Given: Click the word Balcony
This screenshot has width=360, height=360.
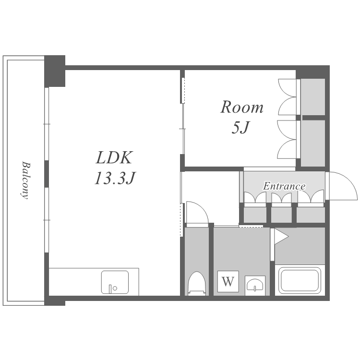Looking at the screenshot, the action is [x=25, y=180].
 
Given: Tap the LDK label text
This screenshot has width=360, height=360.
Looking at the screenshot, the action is [x=114, y=157].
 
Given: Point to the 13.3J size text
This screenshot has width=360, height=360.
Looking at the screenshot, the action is [x=115, y=178].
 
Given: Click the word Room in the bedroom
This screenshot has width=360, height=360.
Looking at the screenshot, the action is [x=242, y=107].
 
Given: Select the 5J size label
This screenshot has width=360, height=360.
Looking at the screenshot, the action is [x=240, y=127].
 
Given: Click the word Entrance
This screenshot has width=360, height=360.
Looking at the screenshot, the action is [x=284, y=186].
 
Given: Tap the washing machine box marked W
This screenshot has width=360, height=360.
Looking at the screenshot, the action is [x=228, y=281].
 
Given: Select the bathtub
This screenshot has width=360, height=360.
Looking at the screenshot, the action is [x=300, y=280].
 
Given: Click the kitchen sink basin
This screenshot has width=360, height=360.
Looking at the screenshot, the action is [x=115, y=282].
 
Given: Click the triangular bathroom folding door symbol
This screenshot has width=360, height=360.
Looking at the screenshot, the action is [x=281, y=237].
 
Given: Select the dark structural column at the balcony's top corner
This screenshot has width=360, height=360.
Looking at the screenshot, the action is [x=55, y=71].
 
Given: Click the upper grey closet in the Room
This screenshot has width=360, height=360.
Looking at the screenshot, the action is [x=313, y=97].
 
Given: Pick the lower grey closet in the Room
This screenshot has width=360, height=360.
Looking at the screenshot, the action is [x=313, y=143].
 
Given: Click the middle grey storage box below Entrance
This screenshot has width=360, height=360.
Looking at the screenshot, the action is [x=281, y=215].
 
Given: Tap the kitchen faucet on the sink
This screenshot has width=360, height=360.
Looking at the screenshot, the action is [x=110, y=289].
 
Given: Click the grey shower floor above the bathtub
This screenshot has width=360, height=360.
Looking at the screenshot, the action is [x=300, y=246].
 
